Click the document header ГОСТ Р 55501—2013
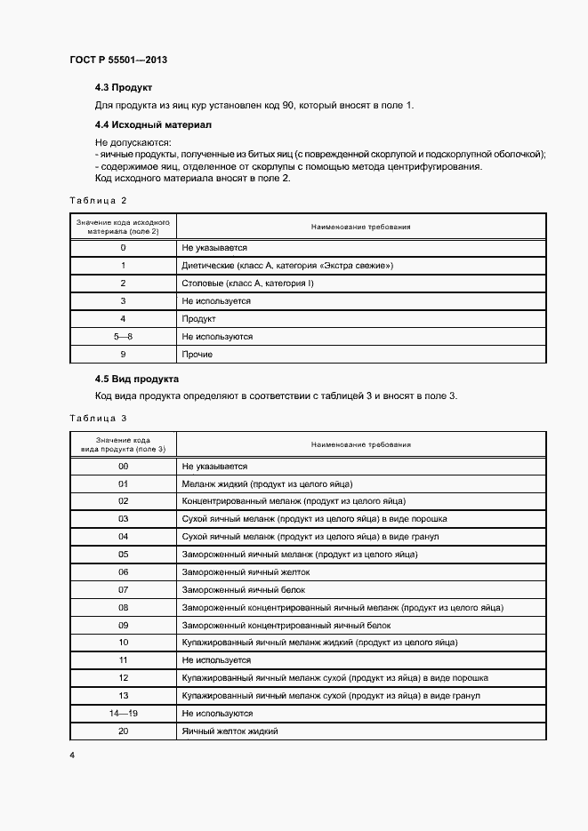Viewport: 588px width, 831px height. coord(117,60)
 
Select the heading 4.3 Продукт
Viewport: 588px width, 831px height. coord(124,88)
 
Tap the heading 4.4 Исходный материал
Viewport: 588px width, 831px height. coord(153,124)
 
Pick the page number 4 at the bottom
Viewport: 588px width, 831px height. coord(72,755)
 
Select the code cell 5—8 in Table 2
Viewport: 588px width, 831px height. coord(123,337)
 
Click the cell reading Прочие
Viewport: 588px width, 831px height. coord(197,355)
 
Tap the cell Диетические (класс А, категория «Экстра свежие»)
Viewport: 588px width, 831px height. coord(286,266)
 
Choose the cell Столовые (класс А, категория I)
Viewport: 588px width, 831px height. coord(247,284)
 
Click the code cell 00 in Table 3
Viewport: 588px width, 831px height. coord(123,466)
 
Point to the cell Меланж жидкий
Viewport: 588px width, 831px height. coord(267,483)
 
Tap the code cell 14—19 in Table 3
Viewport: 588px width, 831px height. coord(123,714)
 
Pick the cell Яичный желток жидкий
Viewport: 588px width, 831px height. coord(230,731)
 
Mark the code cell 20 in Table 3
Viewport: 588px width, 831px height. coord(123,731)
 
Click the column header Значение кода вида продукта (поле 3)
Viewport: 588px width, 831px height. coord(123,444)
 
